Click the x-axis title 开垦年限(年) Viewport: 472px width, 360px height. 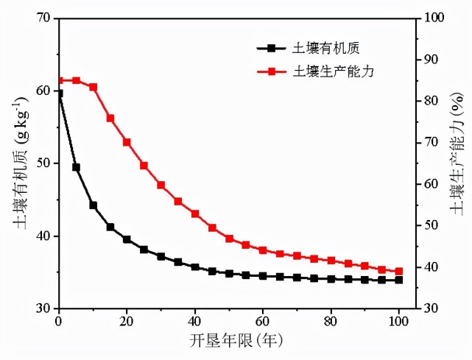click(230, 340)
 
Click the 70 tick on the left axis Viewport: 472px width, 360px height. click(44, 18)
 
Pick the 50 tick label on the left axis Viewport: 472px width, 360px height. click(44, 163)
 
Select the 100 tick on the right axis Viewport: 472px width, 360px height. click(430, 18)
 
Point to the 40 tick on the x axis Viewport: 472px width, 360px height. click(195, 321)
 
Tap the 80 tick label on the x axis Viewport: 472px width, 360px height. click(331, 321)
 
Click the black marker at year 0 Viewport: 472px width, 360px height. click(59, 93)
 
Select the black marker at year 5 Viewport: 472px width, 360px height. click(76, 167)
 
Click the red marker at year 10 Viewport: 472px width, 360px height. click(94, 87)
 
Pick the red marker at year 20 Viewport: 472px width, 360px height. click(127, 142)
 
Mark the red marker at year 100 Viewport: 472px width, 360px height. click(399, 271)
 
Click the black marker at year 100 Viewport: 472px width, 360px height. click(399, 280)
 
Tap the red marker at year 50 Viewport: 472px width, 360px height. click(229, 239)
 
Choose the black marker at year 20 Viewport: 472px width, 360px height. click(127, 239)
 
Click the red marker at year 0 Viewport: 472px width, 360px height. click(60, 80)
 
